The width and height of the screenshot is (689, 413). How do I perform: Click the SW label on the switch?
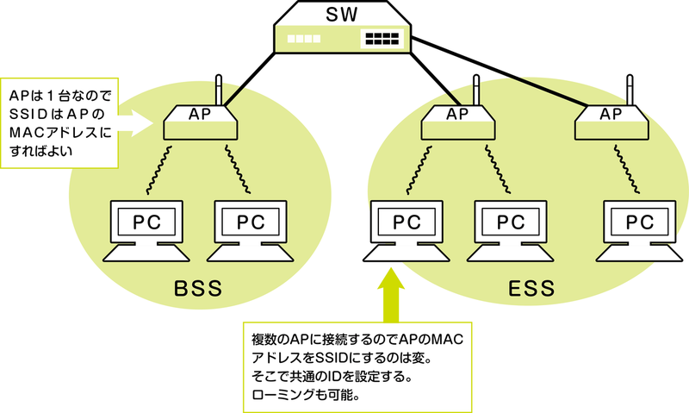click(344, 15)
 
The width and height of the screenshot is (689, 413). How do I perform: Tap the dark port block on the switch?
click(382, 39)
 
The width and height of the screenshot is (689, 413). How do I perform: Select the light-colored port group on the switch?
click(304, 39)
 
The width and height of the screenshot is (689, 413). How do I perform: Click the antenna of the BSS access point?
click(219, 91)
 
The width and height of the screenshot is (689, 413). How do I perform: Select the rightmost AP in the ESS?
click(611, 121)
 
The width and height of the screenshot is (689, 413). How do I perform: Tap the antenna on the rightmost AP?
click(630, 91)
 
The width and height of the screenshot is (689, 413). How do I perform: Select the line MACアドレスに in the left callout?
click(59, 133)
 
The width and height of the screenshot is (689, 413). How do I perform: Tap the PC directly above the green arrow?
click(404, 228)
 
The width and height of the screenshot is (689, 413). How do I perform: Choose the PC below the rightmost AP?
click(639, 228)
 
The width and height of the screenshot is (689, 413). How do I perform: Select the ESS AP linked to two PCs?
click(458, 121)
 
